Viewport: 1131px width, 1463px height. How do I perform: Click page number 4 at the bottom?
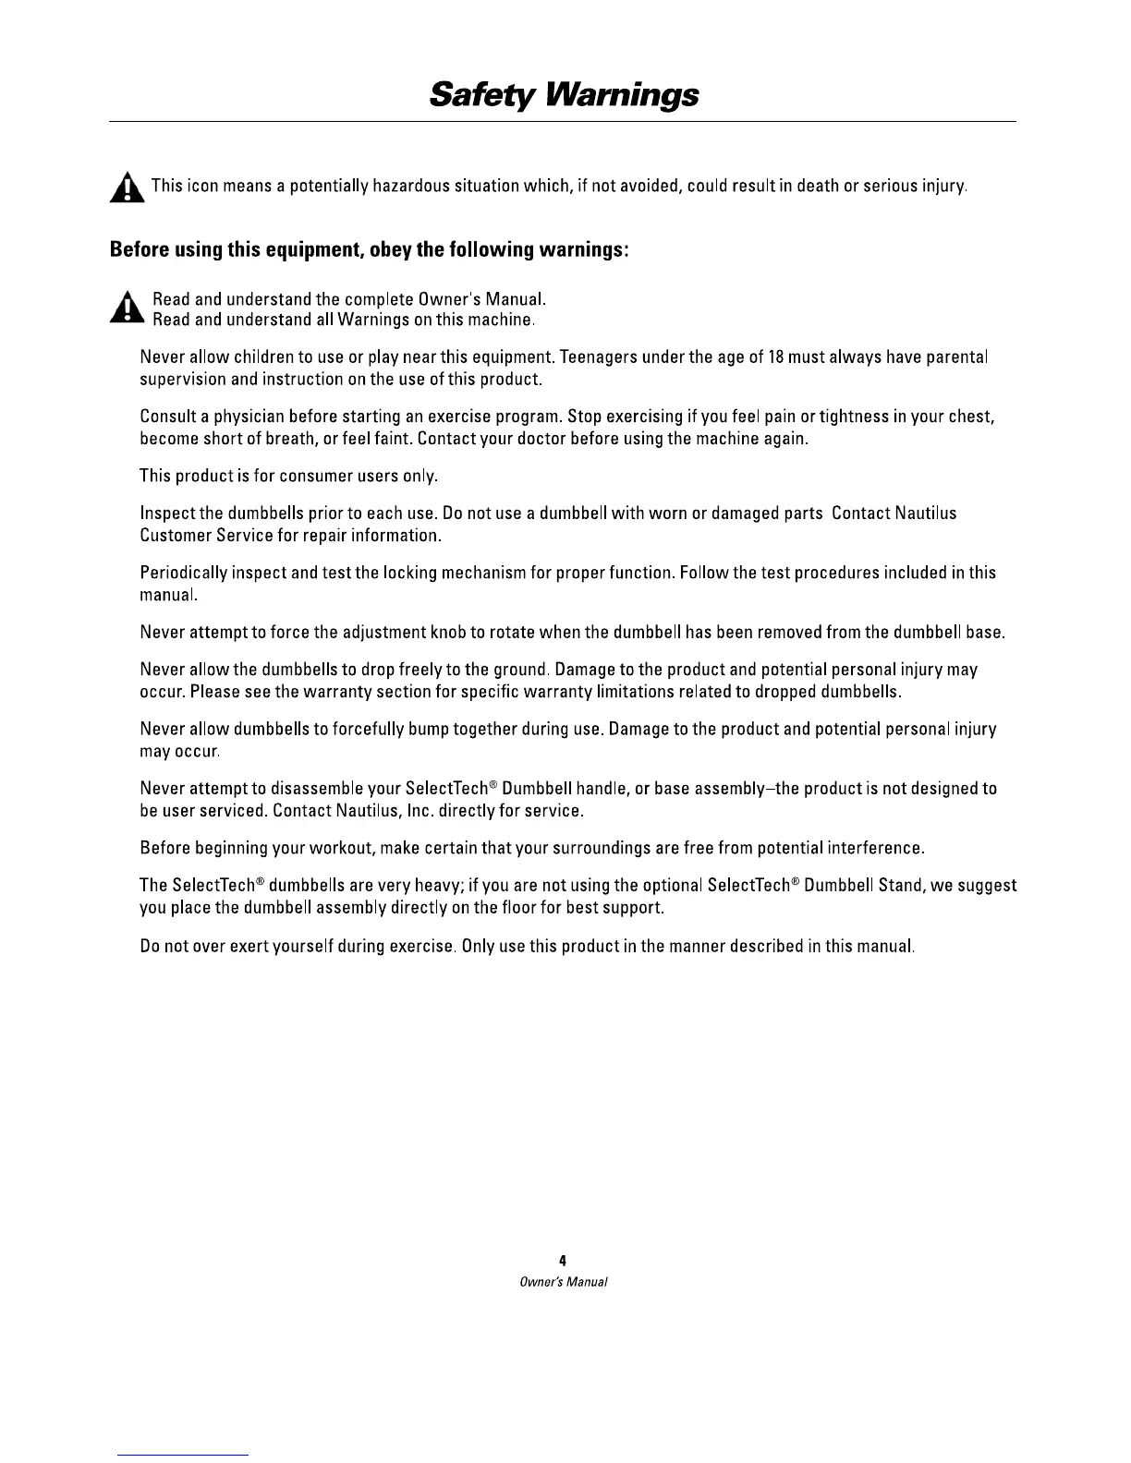[563, 1260]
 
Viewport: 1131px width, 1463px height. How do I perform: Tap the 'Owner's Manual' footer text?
[563, 1282]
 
